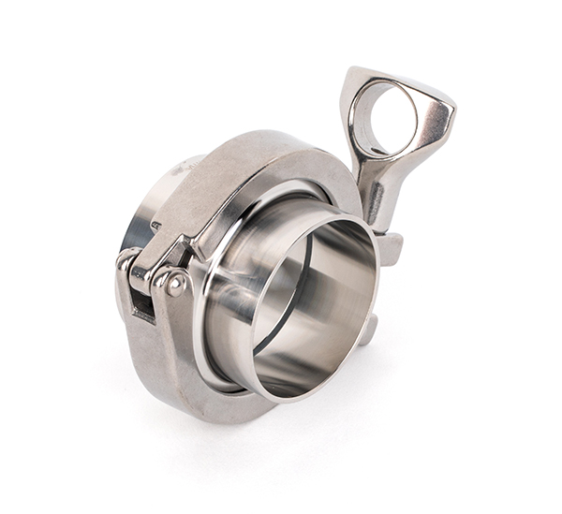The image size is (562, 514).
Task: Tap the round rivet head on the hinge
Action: point(170,282)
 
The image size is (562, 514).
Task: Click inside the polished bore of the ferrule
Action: point(323,309)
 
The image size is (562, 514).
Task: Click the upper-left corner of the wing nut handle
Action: point(354,75)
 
